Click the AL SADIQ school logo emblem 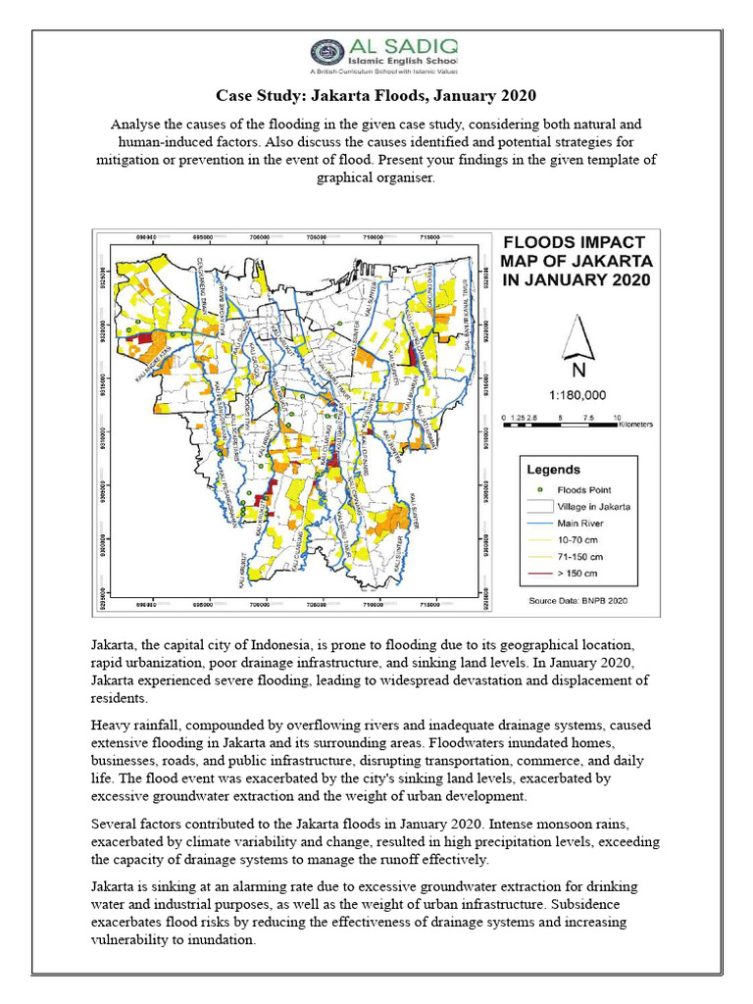click(326, 54)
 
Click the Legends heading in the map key click(554, 470)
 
